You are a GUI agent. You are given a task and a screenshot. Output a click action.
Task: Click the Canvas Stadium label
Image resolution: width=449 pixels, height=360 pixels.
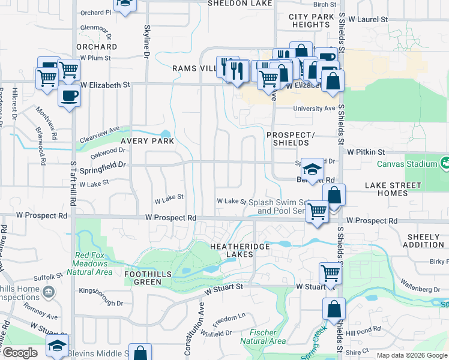coord(406,164)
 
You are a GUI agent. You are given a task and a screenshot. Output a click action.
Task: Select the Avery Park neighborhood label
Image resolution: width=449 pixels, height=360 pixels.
coord(147,142)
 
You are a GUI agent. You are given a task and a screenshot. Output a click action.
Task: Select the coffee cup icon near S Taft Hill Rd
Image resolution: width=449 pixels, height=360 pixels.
coord(69,96)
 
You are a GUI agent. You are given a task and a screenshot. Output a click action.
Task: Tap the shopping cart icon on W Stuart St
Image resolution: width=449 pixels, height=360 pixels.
coord(330,273)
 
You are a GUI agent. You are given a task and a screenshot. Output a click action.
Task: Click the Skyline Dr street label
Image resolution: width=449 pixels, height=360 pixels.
coord(146,42)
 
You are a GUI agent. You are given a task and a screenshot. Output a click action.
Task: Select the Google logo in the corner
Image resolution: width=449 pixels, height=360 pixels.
coord(20,353)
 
